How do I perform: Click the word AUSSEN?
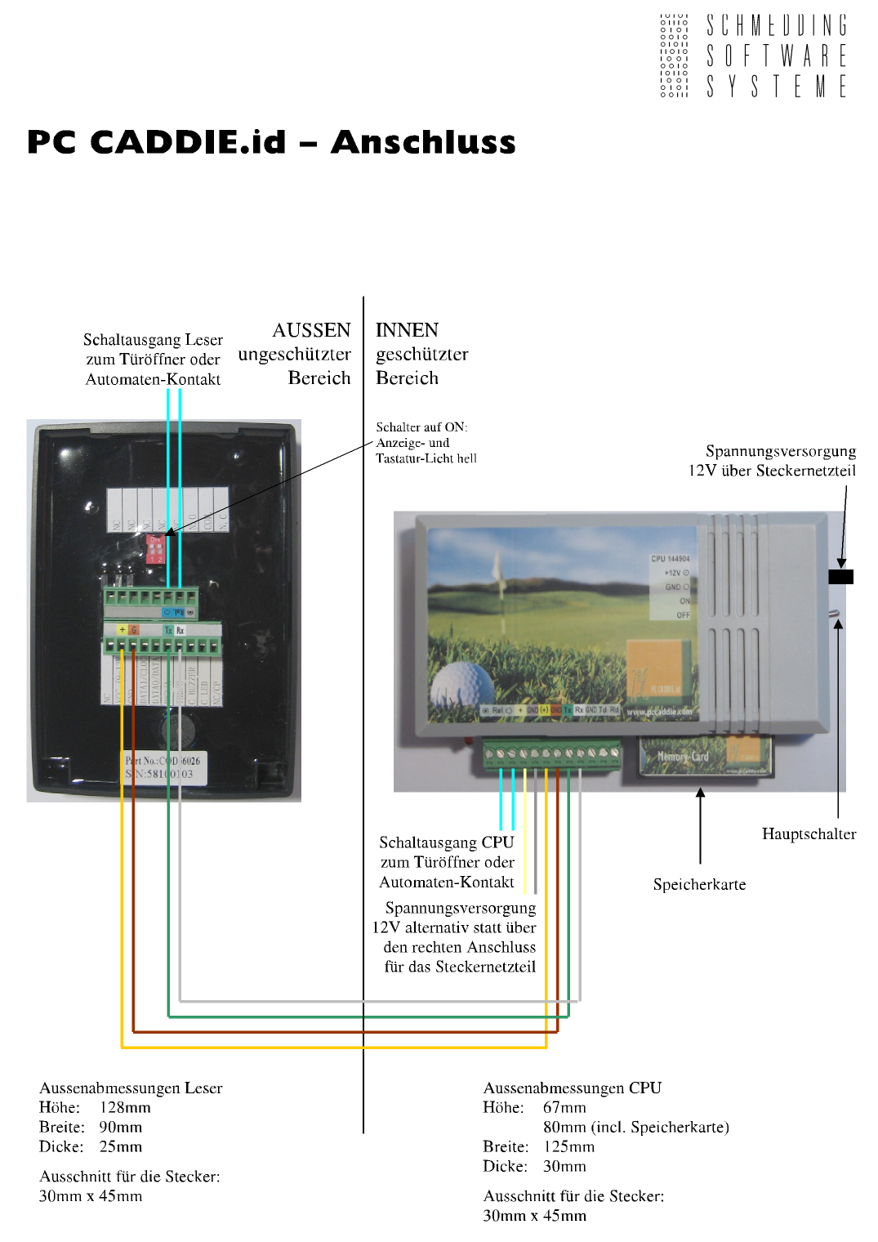311,330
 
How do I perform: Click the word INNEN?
407,330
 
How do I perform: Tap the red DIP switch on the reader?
154,550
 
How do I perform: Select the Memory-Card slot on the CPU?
705,757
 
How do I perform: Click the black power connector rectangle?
840,577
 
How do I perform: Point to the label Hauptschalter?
809,834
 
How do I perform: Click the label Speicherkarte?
699,885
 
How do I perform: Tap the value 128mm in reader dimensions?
125,1108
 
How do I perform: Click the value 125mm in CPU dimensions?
568,1147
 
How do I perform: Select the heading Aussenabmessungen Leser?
131,1088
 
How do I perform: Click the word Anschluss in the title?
423,142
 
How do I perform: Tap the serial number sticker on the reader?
163,767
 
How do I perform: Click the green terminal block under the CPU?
551,756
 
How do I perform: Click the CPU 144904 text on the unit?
670,560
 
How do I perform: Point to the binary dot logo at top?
674,56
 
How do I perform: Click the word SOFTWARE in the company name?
776,56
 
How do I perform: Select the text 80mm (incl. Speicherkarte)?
635,1128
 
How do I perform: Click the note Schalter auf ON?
421,427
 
